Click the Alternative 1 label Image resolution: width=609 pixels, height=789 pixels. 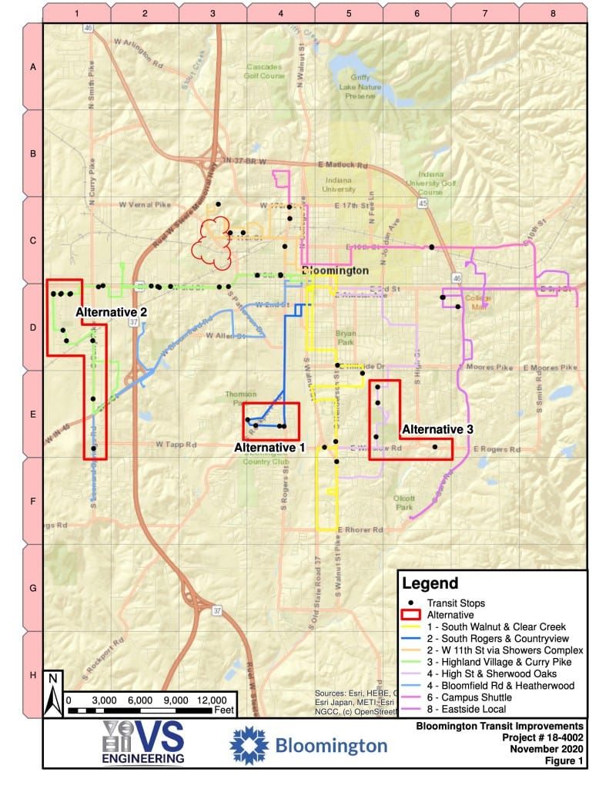(270, 447)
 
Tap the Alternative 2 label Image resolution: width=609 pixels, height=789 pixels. (111, 312)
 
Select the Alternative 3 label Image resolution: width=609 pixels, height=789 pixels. (437, 428)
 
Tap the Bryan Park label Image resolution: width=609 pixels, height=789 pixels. (346, 338)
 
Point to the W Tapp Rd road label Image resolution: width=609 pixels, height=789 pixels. (176, 445)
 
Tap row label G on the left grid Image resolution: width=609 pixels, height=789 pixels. (32, 588)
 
